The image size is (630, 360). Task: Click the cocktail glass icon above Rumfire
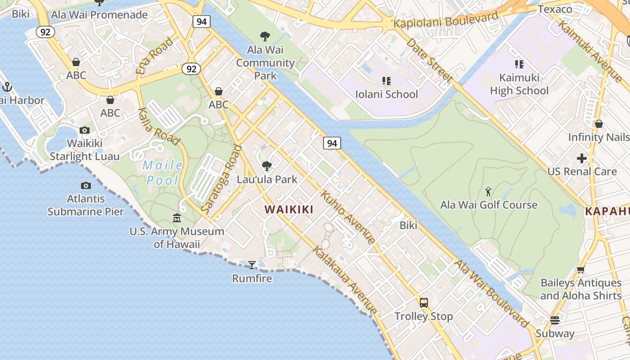252,265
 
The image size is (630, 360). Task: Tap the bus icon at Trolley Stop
423,302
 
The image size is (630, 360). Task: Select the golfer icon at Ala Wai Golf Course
488,192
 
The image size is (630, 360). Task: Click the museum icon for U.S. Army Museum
177,218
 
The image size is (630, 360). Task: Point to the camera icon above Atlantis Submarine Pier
85,185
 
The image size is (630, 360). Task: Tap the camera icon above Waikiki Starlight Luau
84,130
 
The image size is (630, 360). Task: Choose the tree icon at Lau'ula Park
267,166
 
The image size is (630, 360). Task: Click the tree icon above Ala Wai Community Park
265,36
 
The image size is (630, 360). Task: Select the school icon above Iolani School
386,81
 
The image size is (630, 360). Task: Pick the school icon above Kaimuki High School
519,64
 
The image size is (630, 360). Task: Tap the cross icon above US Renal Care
582,158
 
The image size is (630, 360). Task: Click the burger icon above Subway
554,320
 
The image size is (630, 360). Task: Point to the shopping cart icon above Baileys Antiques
580,270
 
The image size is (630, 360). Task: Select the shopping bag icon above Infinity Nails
598,124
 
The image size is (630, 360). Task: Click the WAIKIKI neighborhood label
289,209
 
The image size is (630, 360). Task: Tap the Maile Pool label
162,173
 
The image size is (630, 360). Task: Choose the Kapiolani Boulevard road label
445,20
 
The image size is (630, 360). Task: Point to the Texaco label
555,9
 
